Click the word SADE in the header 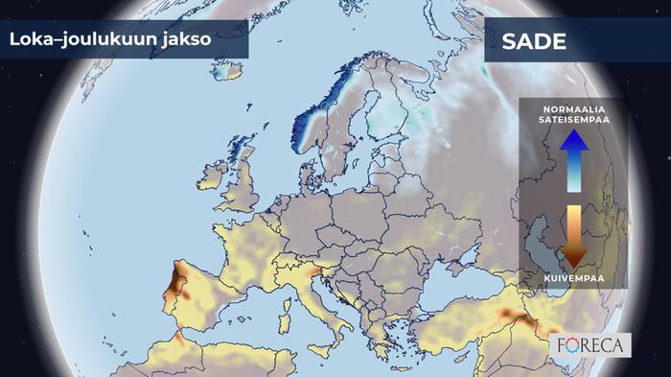point(534,42)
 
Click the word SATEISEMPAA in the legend point(574,120)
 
